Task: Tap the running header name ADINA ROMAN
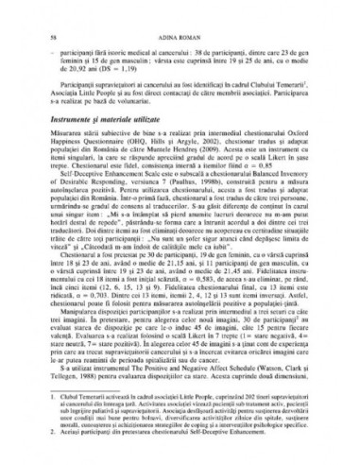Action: [x=180, y=33]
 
